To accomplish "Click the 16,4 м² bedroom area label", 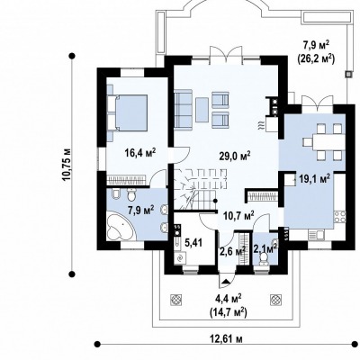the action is point(140,153).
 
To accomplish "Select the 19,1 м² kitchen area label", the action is point(315,179).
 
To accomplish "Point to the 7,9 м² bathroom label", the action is point(141,210).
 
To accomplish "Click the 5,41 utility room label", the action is point(193,243).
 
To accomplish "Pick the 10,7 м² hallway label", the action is point(239,215).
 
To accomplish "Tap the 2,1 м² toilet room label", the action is point(265,248).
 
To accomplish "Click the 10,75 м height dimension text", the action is point(67,164).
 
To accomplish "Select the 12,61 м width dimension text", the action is point(226,339).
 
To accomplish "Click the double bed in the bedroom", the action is point(130,112).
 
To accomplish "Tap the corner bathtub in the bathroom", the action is point(121,226).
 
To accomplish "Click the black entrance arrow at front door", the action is point(225,281).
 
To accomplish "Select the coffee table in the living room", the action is point(202,110).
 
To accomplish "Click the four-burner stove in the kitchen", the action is point(339,217).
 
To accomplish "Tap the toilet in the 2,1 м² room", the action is point(264,258).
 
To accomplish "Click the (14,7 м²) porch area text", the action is point(229,312).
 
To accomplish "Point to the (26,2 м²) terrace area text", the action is point(316,58).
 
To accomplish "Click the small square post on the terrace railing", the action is point(348,74).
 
